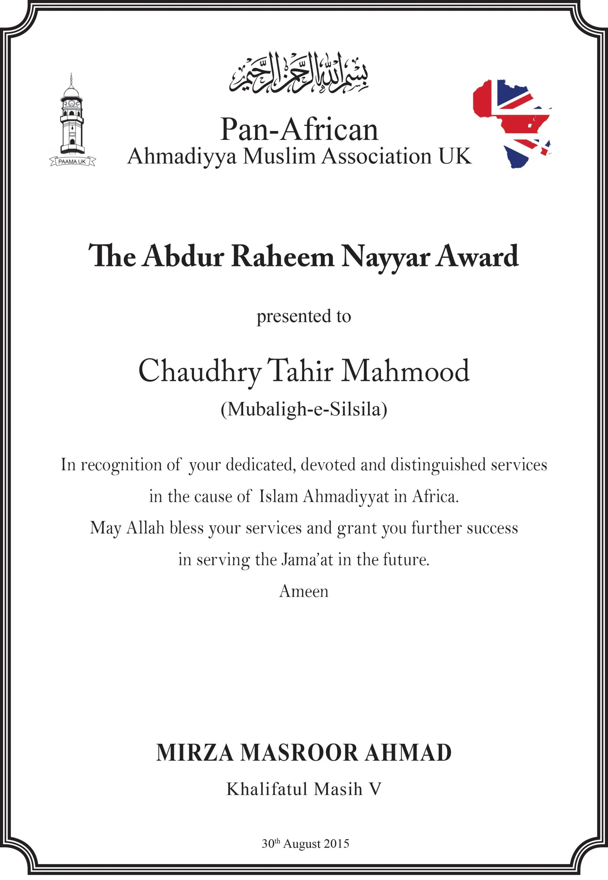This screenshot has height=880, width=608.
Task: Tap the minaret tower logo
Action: (72, 116)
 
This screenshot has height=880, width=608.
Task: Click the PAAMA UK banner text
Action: (72, 162)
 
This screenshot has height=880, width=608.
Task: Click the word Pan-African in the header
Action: (299, 130)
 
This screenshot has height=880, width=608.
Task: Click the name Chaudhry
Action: (199, 371)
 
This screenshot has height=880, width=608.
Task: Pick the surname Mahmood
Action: (404, 371)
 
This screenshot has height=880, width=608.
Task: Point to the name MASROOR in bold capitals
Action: (299, 753)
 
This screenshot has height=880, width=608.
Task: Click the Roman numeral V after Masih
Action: (375, 789)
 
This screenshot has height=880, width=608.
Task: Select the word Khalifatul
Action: (267, 789)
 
